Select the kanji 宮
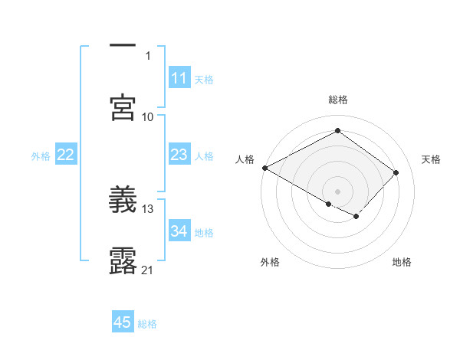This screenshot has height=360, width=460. coord(123,107)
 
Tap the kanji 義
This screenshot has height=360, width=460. coord(123,201)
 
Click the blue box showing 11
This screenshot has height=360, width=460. coord(179,78)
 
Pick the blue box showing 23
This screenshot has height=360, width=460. coord(179,155)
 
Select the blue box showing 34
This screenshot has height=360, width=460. coord(179,231)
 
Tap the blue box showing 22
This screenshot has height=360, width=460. coord(66,155)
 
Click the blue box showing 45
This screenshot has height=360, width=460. coord(123,322)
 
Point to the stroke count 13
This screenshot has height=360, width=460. coord(148,208)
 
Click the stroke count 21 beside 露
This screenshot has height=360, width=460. coord(148,270)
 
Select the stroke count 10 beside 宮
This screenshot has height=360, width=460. coord(148,116)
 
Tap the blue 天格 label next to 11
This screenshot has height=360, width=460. coord(204,79)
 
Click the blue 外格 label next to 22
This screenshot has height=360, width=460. coord(41,155)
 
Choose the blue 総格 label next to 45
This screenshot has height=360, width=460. coord(147,323)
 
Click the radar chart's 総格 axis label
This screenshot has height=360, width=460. coord(338,100)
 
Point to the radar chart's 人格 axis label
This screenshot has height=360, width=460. coord(245,159)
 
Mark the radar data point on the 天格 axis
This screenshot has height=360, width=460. coord(396,172)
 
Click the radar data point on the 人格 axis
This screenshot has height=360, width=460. coord(264,168)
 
